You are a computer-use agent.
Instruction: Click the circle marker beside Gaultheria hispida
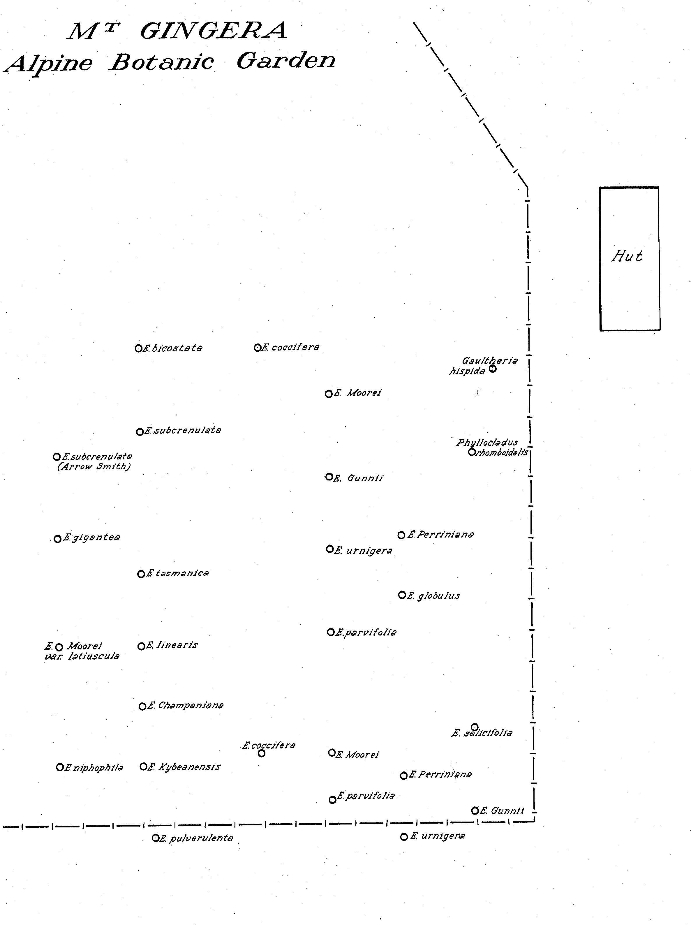point(492,369)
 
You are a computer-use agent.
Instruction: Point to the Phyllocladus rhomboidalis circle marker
point(472,452)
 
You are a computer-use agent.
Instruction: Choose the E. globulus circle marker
point(402,595)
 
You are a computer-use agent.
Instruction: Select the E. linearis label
point(172,645)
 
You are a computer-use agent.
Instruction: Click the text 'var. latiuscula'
point(82,656)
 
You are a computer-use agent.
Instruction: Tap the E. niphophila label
point(94,768)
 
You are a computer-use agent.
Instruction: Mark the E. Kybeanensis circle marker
point(143,767)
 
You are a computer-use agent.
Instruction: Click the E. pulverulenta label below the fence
point(196,838)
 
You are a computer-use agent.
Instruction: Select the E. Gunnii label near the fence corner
point(502,811)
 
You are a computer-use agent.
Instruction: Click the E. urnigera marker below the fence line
point(404,837)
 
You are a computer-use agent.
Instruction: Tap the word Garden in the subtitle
point(286,61)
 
